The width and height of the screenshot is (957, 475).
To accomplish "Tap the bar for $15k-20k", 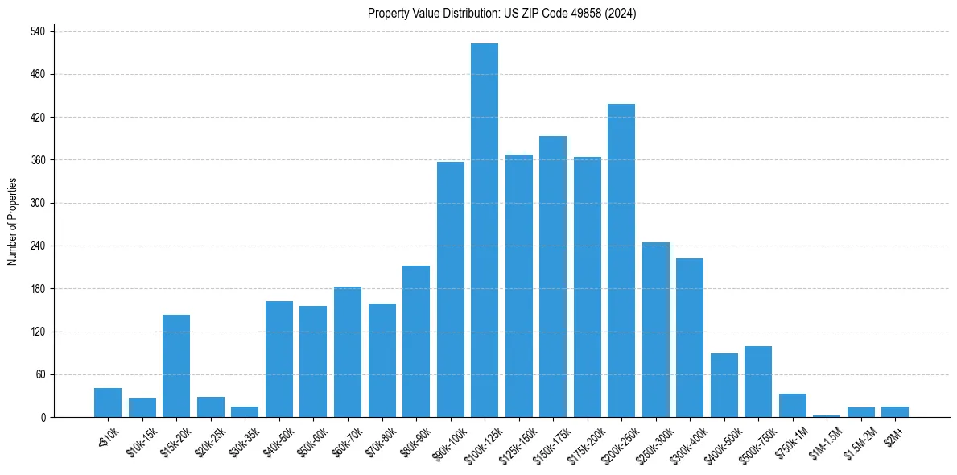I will pyautogui.click(x=176, y=366).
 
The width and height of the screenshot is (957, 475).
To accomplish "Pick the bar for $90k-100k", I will pyautogui.click(x=451, y=289).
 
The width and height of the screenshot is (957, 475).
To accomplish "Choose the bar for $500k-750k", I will pyautogui.click(x=758, y=382).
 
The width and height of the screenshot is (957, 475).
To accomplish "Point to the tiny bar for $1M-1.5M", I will pyautogui.click(x=827, y=415).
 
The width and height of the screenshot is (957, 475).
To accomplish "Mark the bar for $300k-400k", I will pyautogui.click(x=690, y=337).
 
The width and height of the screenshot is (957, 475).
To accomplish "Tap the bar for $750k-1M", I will pyautogui.click(x=793, y=405).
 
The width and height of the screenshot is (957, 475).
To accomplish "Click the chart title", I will pyautogui.click(x=502, y=14).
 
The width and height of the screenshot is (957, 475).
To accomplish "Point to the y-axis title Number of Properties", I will pyautogui.click(x=13, y=221).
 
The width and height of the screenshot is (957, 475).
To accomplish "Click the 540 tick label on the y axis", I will pyautogui.click(x=37, y=31).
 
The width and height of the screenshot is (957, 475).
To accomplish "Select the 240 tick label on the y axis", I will pyautogui.click(x=37, y=246).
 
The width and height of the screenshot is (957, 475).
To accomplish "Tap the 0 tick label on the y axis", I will pyautogui.click(x=43, y=417).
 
